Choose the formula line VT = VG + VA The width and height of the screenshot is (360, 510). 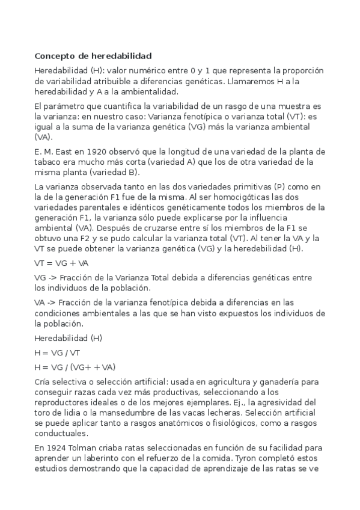tap(61, 263)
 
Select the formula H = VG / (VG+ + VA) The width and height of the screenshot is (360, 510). tap(75, 366)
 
